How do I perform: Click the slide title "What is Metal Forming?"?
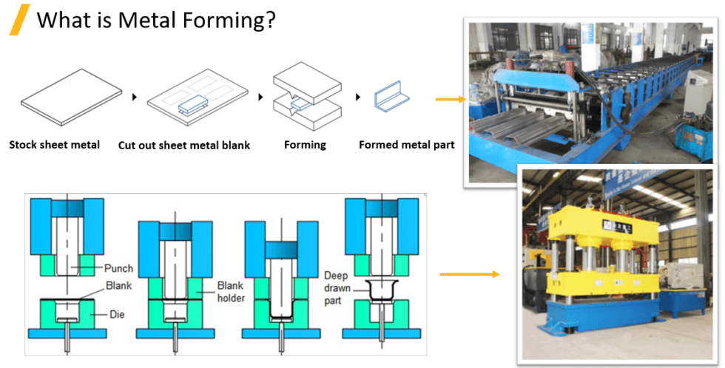156,19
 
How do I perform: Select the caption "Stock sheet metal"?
54,145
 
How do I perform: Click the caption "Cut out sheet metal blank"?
183,146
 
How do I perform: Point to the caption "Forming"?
305,145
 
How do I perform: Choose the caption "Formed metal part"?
406,145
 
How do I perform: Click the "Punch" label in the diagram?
118,268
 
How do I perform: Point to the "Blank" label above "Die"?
119,284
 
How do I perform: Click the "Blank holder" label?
229,291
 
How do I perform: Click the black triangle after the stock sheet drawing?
134,97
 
